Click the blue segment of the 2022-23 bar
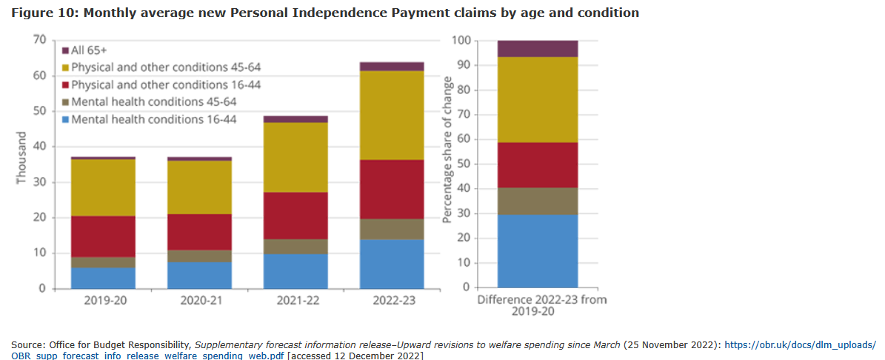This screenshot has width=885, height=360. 392,264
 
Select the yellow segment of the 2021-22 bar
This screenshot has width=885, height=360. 295,157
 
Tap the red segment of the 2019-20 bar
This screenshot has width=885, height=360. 103,236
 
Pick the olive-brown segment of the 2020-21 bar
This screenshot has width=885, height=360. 199,256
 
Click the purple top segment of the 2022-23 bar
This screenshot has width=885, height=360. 392,67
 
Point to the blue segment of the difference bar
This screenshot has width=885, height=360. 538,251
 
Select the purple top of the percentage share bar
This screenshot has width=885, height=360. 538,49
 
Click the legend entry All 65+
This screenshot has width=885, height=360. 90,50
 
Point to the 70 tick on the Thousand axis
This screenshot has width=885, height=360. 39,40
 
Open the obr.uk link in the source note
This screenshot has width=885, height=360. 800,345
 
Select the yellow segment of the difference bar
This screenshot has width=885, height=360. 538,99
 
